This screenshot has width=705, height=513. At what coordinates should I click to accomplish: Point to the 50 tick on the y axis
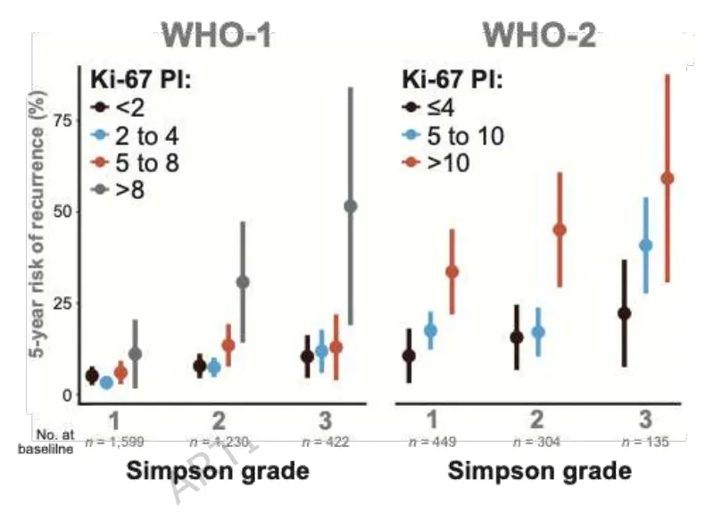point(60,211)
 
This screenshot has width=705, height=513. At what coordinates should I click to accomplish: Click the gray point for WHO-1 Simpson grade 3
point(350,206)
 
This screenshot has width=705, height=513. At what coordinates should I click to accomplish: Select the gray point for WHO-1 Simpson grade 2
point(242,282)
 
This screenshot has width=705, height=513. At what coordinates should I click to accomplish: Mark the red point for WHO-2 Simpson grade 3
point(667,178)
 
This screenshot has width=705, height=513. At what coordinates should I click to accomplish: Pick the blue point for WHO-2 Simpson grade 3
point(646,244)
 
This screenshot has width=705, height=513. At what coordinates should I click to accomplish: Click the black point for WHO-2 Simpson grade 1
point(409,355)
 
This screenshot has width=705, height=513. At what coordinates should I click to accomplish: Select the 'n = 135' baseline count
point(644,442)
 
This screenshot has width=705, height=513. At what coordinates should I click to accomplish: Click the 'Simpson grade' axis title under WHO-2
point(539,470)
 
